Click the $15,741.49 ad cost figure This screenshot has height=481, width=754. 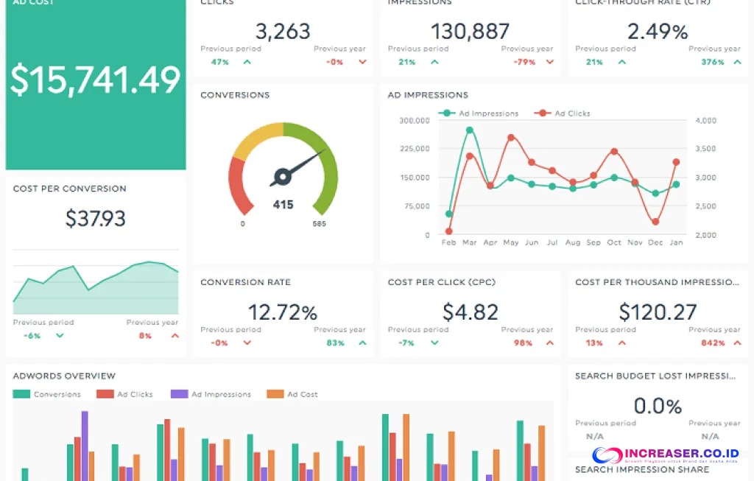[95, 80]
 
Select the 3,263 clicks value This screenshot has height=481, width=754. [283, 31]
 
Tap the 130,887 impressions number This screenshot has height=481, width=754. [471, 31]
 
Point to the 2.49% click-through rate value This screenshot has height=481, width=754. [658, 32]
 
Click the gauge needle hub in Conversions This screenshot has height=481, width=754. [281, 176]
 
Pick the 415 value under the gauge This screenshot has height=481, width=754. [283, 205]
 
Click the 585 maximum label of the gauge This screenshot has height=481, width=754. [318, 224]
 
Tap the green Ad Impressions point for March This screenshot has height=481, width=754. [470, 130]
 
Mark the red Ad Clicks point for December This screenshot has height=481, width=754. [655, 222]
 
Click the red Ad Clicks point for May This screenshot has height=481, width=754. [511, 138]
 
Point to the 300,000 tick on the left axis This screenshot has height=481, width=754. [415, 121]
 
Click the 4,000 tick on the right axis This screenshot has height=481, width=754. [705, 121]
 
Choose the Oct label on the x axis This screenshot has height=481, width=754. [614, 242]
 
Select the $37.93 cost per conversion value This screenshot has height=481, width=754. [96, 218]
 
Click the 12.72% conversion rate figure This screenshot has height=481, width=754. [283, 312]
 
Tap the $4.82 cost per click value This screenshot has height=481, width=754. [471, 312]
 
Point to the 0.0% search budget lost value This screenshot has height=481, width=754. [658, 406]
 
